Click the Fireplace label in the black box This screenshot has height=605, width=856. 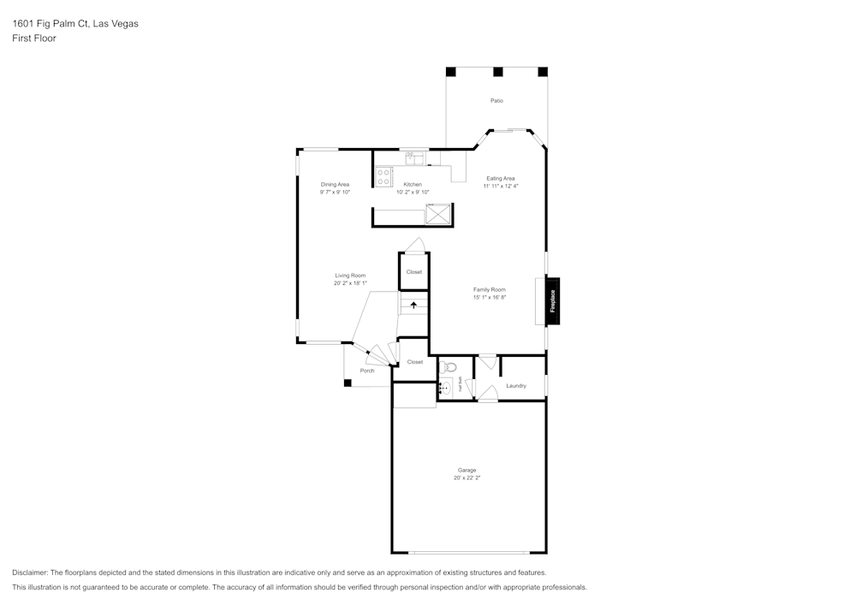(553, 301)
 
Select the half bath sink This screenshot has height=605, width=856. (444, 387)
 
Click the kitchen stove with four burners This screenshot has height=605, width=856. (383, 176)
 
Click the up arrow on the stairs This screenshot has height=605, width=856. (414, 304)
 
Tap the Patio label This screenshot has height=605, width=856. (496, 101)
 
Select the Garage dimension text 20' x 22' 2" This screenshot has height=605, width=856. (467, 478)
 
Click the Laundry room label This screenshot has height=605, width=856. (516, 386)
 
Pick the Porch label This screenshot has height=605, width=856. (367, 371)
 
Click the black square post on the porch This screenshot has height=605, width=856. (348, 383)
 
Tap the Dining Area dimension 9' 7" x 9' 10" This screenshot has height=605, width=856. (335, 193)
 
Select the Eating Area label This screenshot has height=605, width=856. (501, 178)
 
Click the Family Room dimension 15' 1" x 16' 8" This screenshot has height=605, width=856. (490, 298)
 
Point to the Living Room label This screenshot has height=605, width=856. (350, 276)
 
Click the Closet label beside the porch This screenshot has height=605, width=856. (415, 362)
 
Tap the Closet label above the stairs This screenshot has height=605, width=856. (414, 272)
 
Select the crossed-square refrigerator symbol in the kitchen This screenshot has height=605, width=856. (438, 214)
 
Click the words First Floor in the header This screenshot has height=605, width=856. (34, 39)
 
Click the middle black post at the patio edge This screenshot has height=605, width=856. (497, 72)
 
